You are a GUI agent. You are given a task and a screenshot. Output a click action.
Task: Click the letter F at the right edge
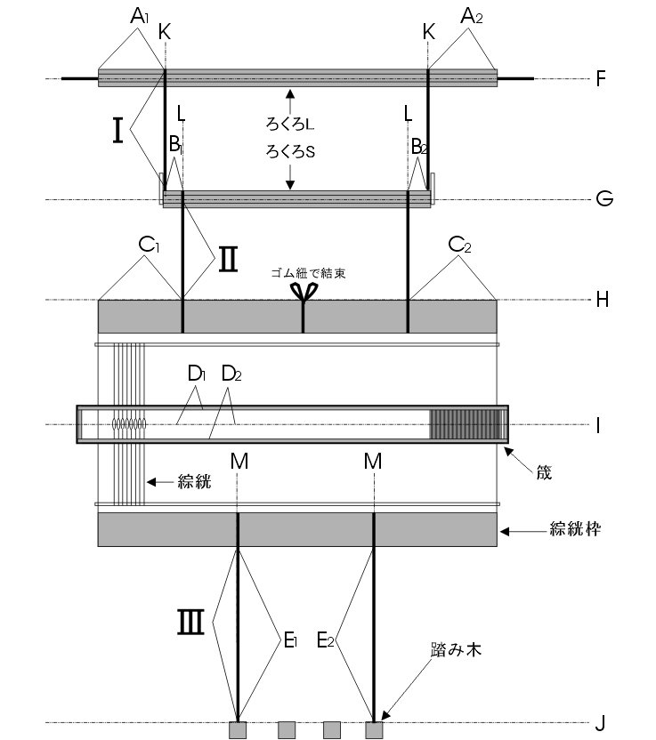tap(601, 78)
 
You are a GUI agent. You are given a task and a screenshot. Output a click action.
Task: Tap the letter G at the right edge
tap(603, 199)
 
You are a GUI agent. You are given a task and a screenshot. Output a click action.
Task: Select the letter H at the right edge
tap(602, 300)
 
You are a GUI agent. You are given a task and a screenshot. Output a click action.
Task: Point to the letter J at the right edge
tap(601, 723)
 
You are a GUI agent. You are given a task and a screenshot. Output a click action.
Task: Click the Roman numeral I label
tap(117, 131)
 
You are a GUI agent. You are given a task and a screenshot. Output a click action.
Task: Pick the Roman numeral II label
tap(228, 259)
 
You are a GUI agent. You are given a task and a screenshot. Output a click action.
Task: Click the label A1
tap(139, 15)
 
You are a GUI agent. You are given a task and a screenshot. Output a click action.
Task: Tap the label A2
tap(471, 15)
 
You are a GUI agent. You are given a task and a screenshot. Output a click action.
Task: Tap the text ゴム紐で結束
tap(307, 273)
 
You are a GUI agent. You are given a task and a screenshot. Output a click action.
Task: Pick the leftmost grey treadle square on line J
tap(238, 730)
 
